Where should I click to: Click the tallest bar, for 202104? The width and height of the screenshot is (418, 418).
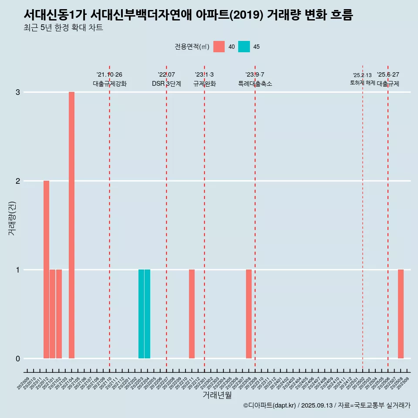[x=71, y=225]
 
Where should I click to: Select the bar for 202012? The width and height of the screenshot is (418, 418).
[x=46, y=270]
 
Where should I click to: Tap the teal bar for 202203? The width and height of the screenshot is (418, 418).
[x=141, y=314]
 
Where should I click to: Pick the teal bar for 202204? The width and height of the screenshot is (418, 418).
[x=147, y=314]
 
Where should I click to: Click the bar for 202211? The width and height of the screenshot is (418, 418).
[x=192, y=314]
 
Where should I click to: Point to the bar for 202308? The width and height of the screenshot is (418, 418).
[x=249, y=314]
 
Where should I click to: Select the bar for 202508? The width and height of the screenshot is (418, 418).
[x=401, y=314]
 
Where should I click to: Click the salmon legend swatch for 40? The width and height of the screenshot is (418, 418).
[x=219, y=47]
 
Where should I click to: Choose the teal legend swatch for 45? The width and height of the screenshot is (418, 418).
[x=244, y=47]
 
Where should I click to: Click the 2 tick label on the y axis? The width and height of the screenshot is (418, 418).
[x=18, y=181]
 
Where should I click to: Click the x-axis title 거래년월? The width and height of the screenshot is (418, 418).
[x=217, y=395]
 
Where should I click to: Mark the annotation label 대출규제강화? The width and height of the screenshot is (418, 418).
[x=110, y=84]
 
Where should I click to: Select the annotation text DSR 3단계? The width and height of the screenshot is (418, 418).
[x=166, y=84]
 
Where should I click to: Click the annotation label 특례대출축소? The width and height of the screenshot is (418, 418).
[x=255, y=84]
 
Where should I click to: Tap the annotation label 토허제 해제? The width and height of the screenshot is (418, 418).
[x=362, y=83]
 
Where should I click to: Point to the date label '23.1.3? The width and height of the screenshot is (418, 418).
[x=204, y=75]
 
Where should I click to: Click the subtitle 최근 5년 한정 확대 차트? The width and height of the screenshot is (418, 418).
[x=63, y=28]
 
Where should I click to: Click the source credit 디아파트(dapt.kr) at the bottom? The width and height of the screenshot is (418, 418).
[x=270, y=405]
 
